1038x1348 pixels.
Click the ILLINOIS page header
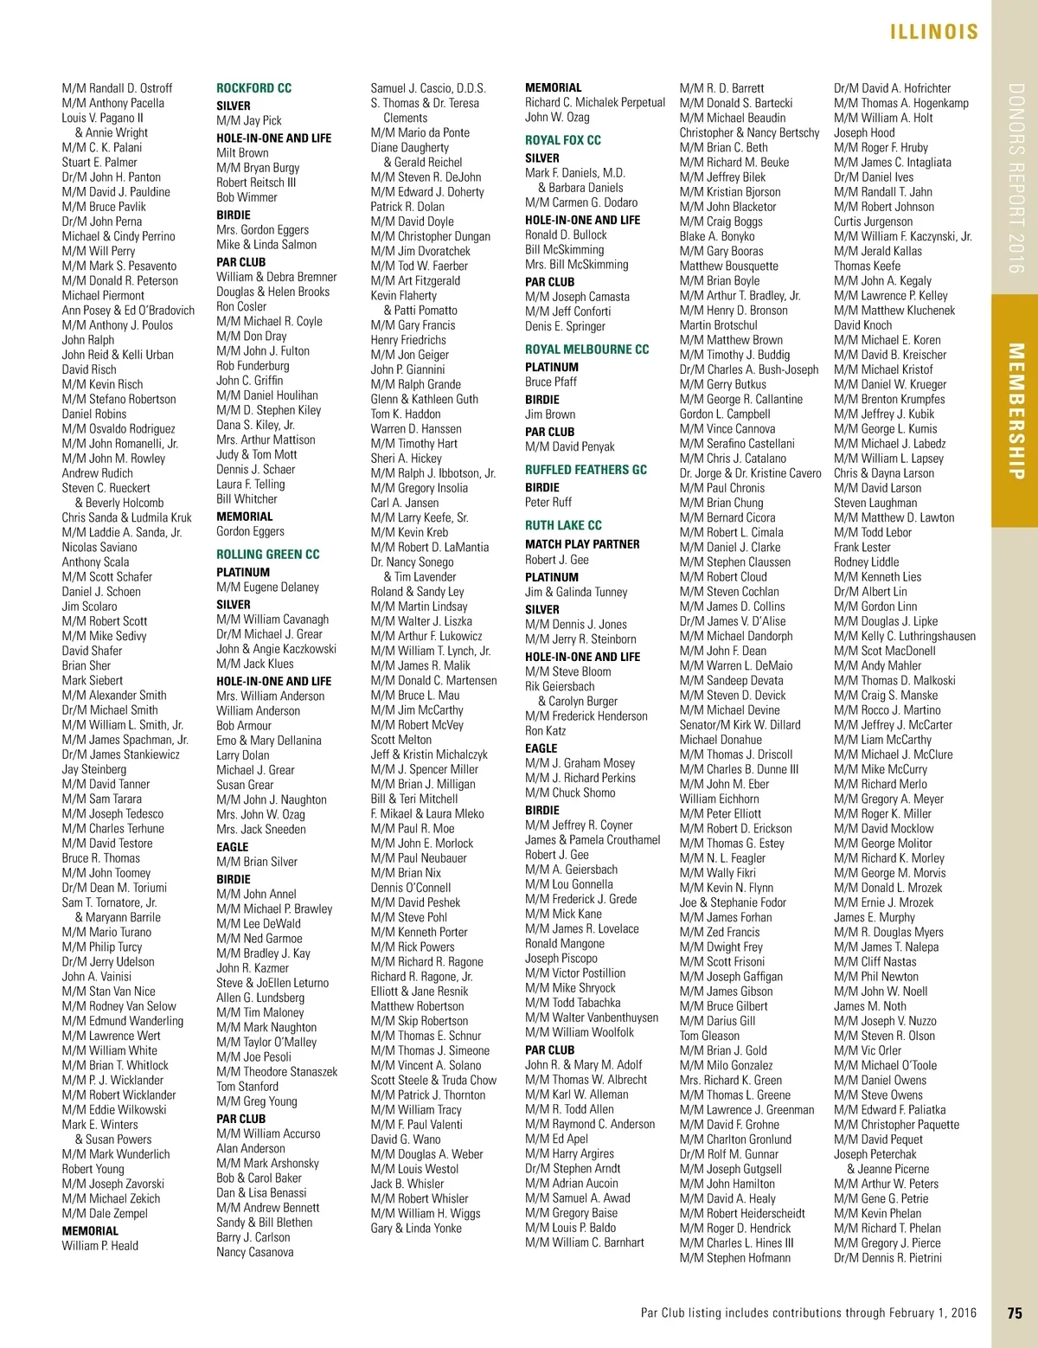pyautogui.click(x=934, y=32)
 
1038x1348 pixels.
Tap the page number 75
pyautogui.click(x=1015, y=1313)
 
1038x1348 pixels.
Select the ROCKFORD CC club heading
pyautogui.click(x=253, y=88)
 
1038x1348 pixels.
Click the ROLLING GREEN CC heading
pyautogui.click(x=267, y=554)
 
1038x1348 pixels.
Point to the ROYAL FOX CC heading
pyautogui.click(x=562, y=140)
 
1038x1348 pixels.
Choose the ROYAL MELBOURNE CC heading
pyautogui.click(x=586, y=350)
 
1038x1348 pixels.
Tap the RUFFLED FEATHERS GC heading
pyautogui.click(x=586, y=470)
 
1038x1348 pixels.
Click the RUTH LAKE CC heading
pyautogui.click(x=562, y=525)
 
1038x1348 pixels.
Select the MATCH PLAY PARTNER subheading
pyautogui.click(x=582, y=544)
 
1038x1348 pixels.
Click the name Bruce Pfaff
pyautogui.click(x=550, y=382)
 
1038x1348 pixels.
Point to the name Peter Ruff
pyautogui.click(x=548, y=502)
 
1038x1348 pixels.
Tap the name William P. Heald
pyautogui.click(x=99, y=1245)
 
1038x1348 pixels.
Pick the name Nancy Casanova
pyautogui.click(x=254, y=1252)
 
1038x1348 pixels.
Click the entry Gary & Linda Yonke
pyautogui.click(x=416, y=1228)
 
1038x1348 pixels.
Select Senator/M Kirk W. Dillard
pyautogui.click(x=740, y=725)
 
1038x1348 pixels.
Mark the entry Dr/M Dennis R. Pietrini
pyautogui.click(x=887, y=1257)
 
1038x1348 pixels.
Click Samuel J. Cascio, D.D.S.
pyautogui.click(x=428, y=88)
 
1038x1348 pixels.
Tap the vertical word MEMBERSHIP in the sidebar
pyautogui.click(x=1016, y=410)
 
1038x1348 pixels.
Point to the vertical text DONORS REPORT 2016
pyautogui.click(x=1016, y=178)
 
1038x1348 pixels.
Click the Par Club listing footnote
pyautogui.click(x=808, y=1313)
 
